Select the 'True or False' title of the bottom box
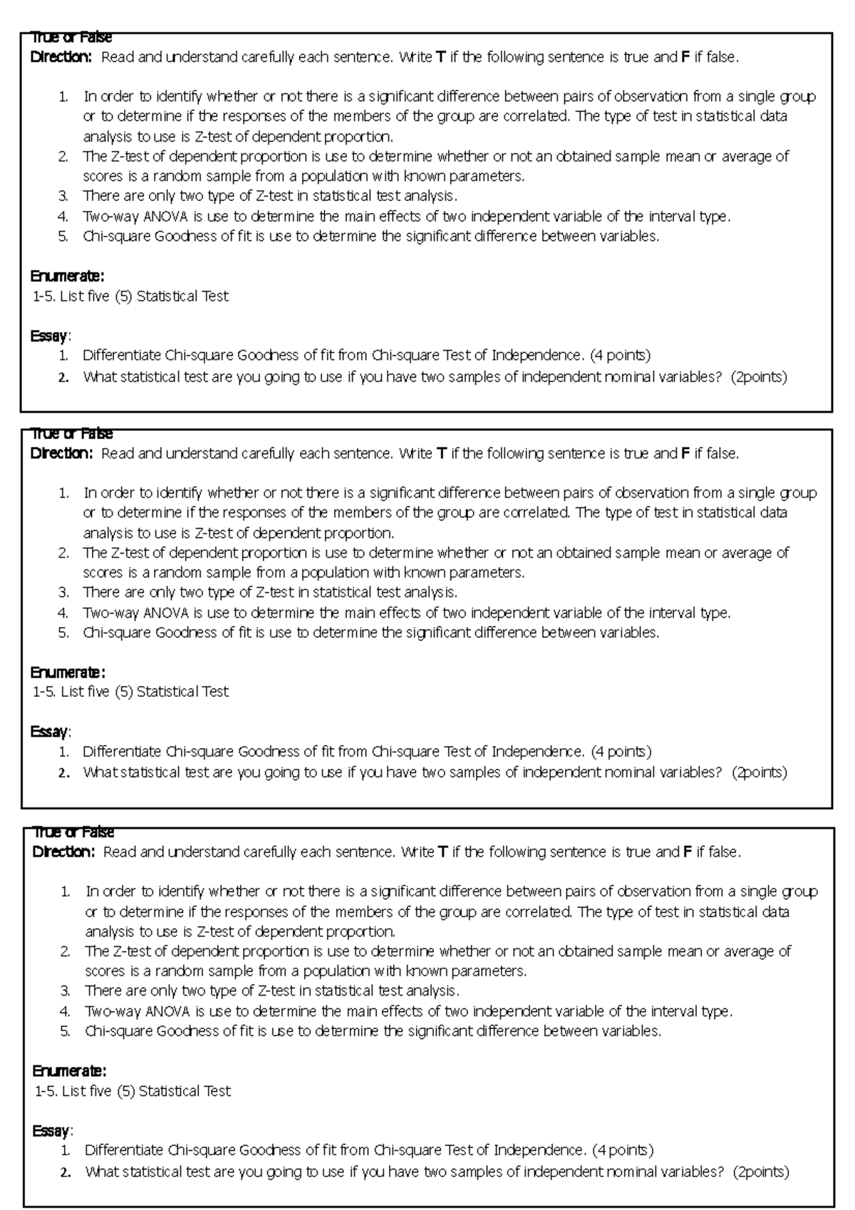(x=73, y=832)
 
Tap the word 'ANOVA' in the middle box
(x=166, y=613)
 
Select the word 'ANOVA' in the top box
(x=166, y=217)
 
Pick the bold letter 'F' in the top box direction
(x=685, y=57)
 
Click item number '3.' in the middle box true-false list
(x=64, y=592)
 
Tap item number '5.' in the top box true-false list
(x=64, y=237)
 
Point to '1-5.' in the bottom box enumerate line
(x=46, y=1091)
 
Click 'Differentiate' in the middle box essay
(x=122, y=751)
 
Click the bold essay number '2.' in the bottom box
(x=66, y=1172)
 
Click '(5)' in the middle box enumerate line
(x=124, y=691)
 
